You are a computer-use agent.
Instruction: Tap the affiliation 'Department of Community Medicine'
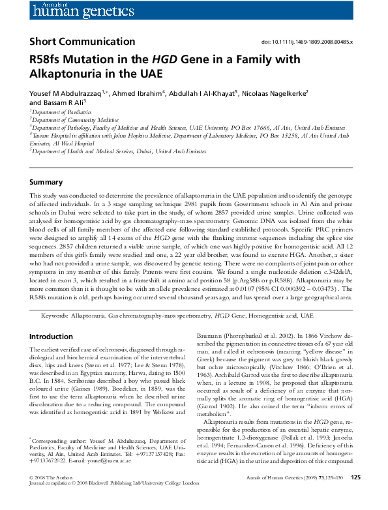[x=68, y=120]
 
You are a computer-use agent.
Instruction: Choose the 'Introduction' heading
[x=52, y=337]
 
